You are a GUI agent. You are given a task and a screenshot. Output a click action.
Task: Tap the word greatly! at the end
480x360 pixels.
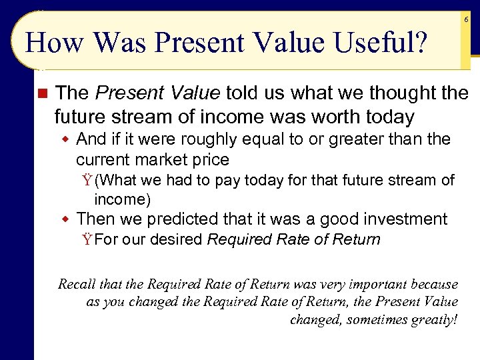pos(437,319)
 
